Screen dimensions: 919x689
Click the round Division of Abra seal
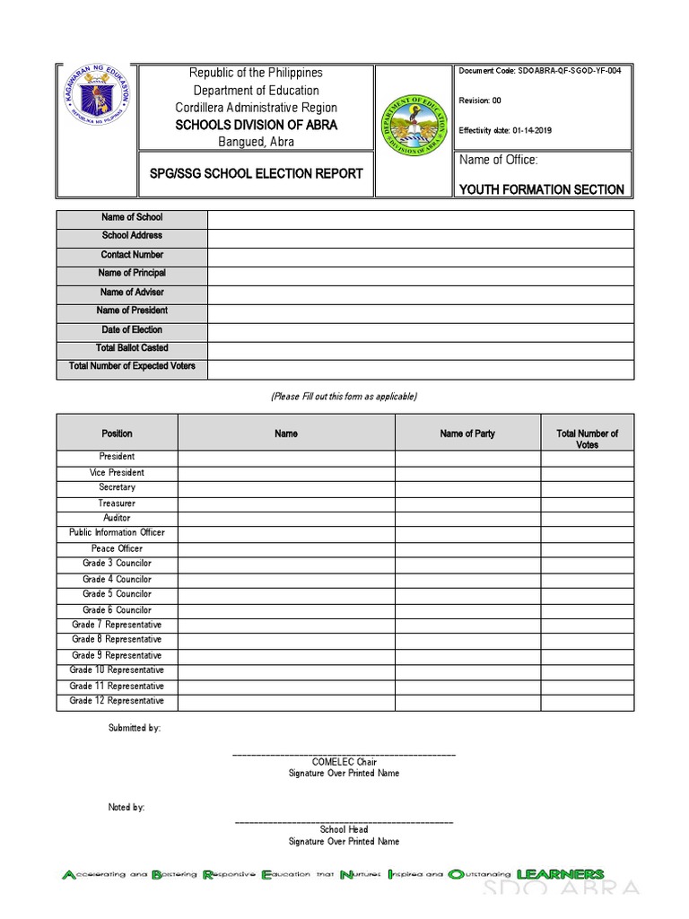(414, 127)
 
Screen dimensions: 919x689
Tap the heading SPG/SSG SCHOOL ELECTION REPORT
(256, 173)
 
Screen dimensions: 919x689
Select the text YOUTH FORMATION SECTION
(541, 189)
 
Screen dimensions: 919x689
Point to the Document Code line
(539, 72)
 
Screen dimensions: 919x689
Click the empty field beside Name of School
(420, 218)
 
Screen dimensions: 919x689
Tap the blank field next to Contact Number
(420, 256)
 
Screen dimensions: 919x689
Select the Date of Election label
(132, 329)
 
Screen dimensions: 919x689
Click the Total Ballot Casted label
(132, 348)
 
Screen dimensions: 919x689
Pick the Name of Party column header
(467, 434)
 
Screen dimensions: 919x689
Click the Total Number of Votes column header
(587, 439)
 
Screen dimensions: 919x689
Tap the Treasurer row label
(117, 503)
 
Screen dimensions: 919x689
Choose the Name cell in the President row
(285, 458)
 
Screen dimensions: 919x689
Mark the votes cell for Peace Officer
(587, 549)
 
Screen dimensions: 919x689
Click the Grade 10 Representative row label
(117, 670)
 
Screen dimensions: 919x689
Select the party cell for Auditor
(467, 519)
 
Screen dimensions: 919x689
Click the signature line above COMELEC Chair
(344, 754)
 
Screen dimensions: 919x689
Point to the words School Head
(344, 829)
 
